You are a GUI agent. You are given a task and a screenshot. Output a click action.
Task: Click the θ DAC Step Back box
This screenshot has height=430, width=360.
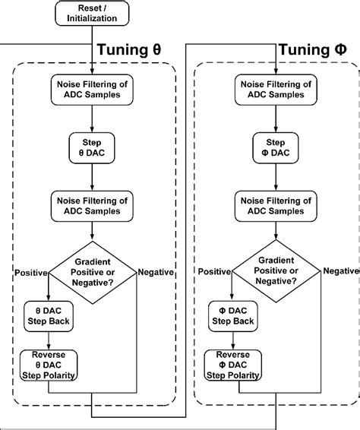point(48,316)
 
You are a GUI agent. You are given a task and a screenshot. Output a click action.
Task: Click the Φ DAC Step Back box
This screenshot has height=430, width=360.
point(232,316)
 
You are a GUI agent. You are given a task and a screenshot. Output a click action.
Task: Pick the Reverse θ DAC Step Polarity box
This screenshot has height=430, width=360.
point(48,365)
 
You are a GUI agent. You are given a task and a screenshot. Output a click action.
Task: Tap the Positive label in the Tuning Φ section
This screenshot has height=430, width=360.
point(213,272)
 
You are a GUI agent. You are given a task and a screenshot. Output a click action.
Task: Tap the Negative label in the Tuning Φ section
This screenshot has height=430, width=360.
point(341,272)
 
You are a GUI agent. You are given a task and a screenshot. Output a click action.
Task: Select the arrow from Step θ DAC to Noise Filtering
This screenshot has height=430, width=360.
point(91,176)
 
